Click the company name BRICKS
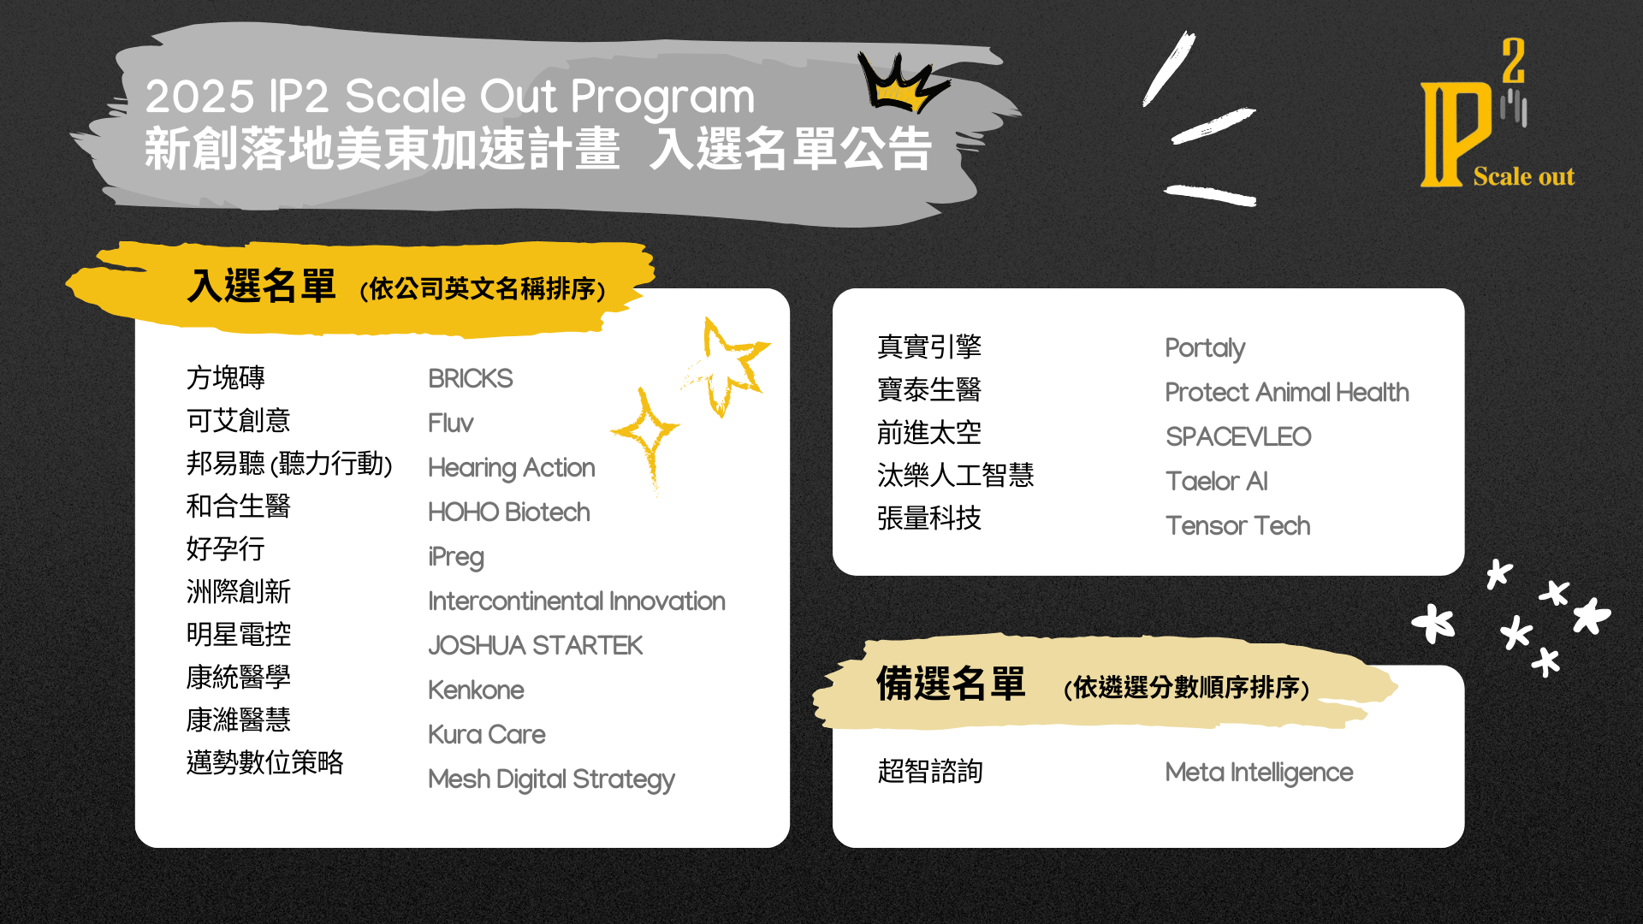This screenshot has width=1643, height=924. click(471, 378)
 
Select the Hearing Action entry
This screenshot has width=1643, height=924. click(512, 468)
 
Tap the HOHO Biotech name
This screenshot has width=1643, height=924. click(509, 512)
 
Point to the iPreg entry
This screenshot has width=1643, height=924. click(456, 557)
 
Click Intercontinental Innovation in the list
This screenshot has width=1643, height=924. click(577, 601)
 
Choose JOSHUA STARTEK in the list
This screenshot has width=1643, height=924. click(536, 645)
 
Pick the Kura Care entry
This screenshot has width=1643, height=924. click(487, 734)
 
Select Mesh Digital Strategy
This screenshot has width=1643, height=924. click(552, 779)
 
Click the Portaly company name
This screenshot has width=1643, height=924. click(1206, 348)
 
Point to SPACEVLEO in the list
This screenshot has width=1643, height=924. click(1238, 436)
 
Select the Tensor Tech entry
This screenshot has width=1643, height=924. click(1238, 525)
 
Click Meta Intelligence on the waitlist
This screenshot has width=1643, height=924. click(1260, 773)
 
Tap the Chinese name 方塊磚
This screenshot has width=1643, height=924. click(226, 377)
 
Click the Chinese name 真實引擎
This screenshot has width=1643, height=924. click(929, 346)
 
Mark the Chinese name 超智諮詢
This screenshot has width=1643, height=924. click(930, 771)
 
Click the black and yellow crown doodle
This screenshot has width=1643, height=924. click(900, 82)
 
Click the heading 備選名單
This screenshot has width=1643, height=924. click(951, 684)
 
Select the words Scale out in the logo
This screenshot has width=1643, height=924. click(1524, 176)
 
